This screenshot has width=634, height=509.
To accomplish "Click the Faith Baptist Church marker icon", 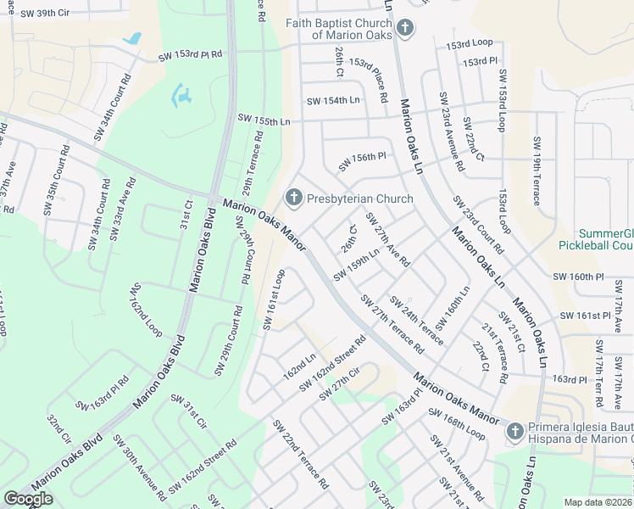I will tap(405, 28).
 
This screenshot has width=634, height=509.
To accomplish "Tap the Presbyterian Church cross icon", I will tap(294, 199).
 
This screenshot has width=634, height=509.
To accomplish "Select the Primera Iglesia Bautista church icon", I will tap(514, 432).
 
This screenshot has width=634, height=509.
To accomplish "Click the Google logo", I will tap(29, 498).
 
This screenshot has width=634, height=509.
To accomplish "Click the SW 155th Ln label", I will tap(264, 120).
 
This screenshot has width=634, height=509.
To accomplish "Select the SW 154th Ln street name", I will tap(333, 101).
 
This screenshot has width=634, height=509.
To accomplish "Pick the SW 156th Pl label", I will tap(362, 159).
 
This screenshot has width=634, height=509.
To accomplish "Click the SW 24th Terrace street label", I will tap(416, 320).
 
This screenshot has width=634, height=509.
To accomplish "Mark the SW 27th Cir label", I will tap(339, 384).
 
